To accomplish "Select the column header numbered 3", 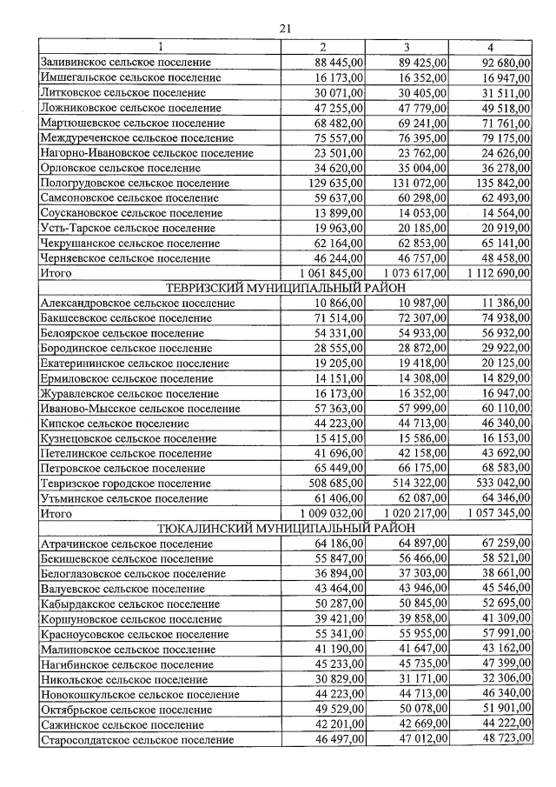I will pyautogui.click(x=407, y=46).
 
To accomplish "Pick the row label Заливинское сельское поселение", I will pyautogui.click(x=126, y=62).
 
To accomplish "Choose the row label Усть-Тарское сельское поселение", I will pyautogui.click(x=128, y=228).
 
